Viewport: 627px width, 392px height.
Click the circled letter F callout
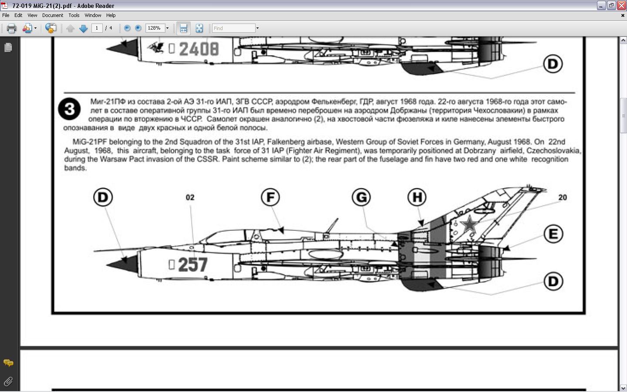(270, 197)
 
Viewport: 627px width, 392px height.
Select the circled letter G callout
(361, 197)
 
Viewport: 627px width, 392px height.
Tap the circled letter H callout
(417, 197)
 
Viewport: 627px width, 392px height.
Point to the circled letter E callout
(553, 234)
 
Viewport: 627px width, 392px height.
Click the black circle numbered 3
(69, 109)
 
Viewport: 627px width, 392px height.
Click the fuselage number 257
(193, 264)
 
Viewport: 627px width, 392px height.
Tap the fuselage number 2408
(199, 49)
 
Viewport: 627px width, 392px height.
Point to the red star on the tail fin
(469, 225)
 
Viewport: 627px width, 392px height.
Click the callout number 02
(190, 198)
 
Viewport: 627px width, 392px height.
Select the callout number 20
(563, 198)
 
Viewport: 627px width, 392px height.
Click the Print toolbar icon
(11, 28)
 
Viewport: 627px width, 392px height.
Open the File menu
(6, 15)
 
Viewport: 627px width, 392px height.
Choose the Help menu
(111, 15)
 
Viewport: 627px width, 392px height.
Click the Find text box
(233, 28)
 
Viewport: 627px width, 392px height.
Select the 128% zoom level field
(155, 28)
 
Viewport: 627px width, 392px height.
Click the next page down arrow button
(84, 28)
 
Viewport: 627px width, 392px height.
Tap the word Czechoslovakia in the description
(553, 151)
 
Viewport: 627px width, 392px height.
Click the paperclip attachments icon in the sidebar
(8, 382)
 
